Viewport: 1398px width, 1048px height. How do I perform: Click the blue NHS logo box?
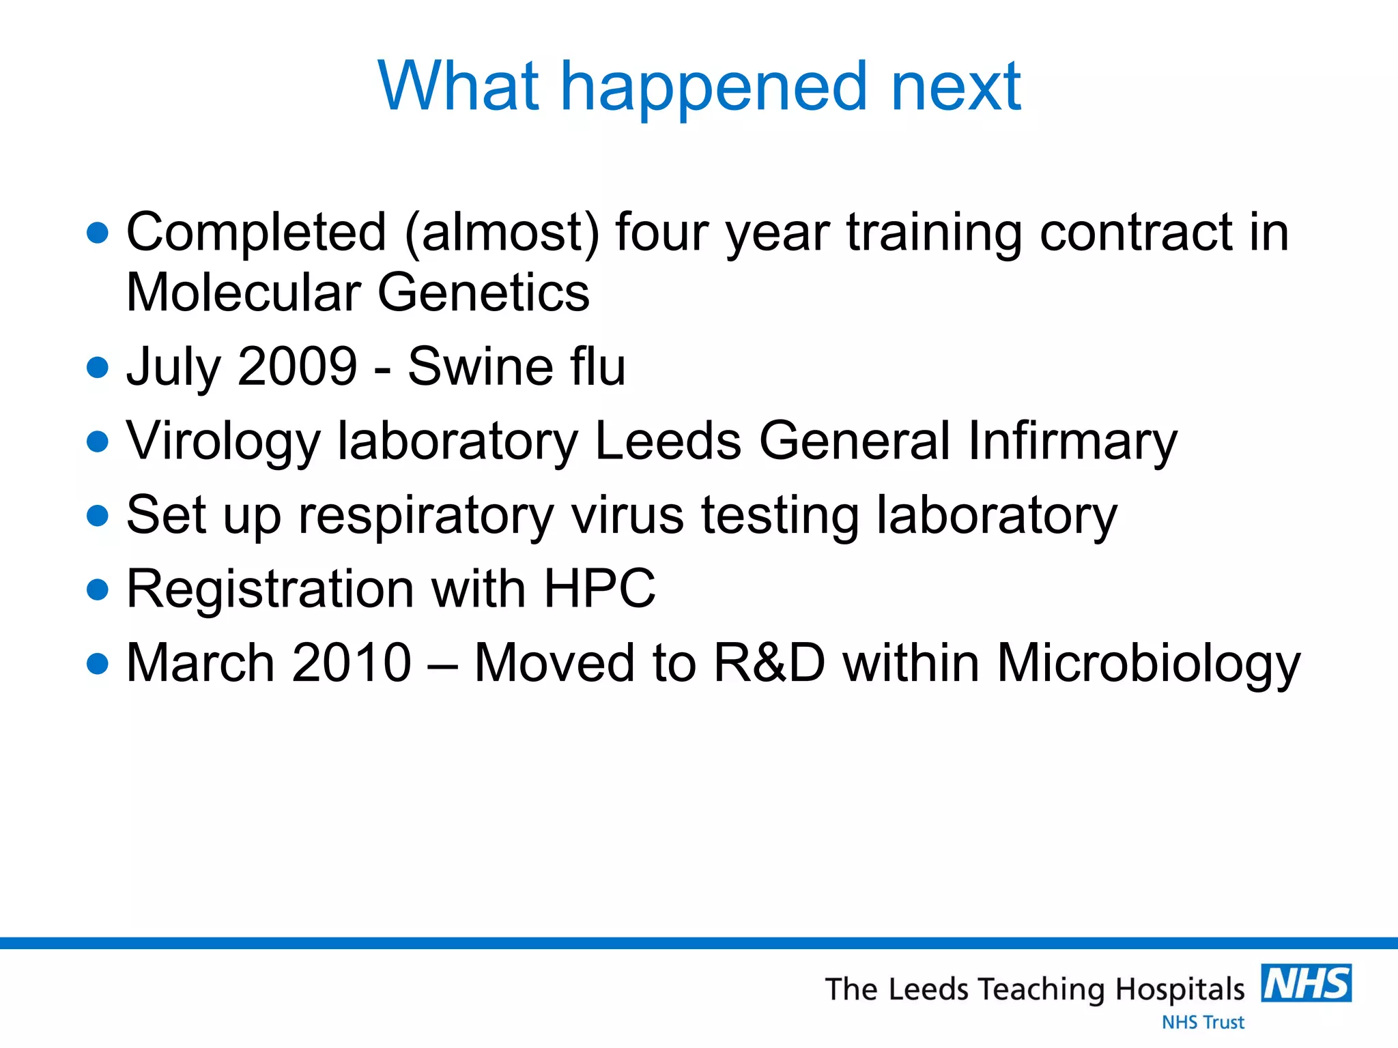(x=1306, y=982)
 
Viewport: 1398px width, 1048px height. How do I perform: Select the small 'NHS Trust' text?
(x=1203, y=1022)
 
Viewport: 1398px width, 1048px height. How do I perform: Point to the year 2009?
(x=298, y=366)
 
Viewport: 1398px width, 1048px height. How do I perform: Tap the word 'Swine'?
(x=479, y=366)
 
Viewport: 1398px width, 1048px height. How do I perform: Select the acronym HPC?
(x=599, y=588)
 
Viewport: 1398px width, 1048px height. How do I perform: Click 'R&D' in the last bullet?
(x=769, y=663)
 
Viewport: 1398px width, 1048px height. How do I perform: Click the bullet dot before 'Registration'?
(x=98, y=589)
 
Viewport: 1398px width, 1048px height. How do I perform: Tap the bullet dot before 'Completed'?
(x=98, y=233)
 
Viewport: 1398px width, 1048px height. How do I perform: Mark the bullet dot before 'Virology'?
(x=98, y=441)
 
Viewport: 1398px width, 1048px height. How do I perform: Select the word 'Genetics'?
(x=483, y=292)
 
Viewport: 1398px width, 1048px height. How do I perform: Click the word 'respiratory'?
(x=426, y=516)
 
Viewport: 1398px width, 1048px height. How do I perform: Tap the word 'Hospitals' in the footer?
(x=1180, y=989)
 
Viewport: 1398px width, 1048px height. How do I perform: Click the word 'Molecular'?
(x=244, y=292)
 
